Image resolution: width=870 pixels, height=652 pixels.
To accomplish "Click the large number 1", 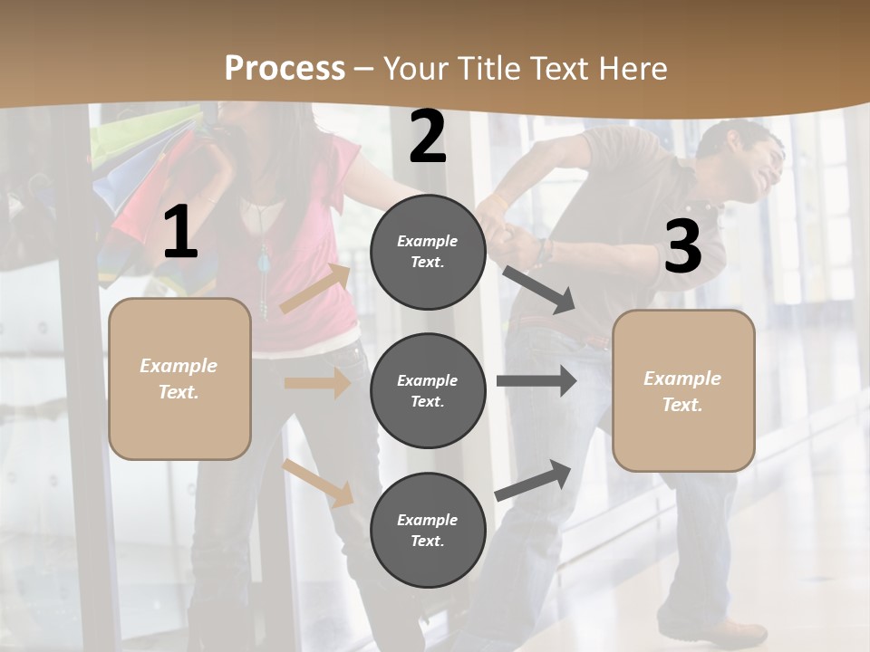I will pyautogui.click(x=180, y=233).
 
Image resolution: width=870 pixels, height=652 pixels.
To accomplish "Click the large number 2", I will pyautogui.click(x=428, y=138).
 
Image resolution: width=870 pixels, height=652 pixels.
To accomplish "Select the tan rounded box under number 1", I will pyautogui.click(x=179, y=379).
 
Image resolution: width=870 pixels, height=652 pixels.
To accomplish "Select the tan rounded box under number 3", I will pyautogui.click(x=683, y=390).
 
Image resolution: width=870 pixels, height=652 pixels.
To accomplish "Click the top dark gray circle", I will pyautogui.click(x=428, y=252).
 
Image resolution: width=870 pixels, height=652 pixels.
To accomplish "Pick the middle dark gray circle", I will pyautogui.click(x=428, y=390).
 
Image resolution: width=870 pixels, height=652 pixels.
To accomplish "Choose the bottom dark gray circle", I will pyautogui.click(x=428, y=530).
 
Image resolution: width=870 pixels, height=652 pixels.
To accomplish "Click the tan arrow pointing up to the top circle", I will pyautogui.click(x=315, y=288).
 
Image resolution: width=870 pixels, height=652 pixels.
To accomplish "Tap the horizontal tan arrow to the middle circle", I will pyautogui.click(x=317, y=383).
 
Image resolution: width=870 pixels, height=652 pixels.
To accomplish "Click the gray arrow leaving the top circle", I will pyautogui.click(x=538, y=289).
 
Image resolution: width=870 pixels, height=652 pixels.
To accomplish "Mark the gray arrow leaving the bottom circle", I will pyautogui.click(x=533, y=480).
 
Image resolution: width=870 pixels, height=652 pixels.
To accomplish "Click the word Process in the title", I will pyautogui.click(x=285, y=68).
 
